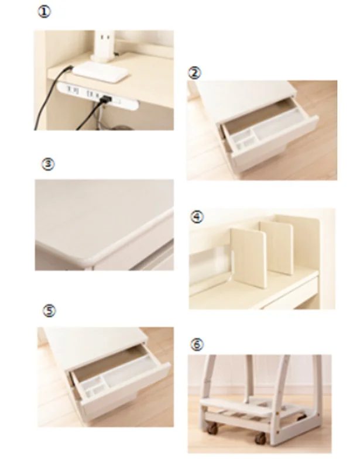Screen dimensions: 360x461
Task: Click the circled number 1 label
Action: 44,12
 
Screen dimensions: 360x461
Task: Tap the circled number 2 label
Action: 194,73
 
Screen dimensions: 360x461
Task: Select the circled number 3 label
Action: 48,164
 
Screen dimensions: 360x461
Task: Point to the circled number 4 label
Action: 197,217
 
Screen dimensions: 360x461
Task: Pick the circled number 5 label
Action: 49,311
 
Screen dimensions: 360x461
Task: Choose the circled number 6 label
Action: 197,344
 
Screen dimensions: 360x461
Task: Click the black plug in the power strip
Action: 105,99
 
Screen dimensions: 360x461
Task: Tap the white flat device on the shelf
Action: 101,72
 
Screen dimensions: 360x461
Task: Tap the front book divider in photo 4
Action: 249,257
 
